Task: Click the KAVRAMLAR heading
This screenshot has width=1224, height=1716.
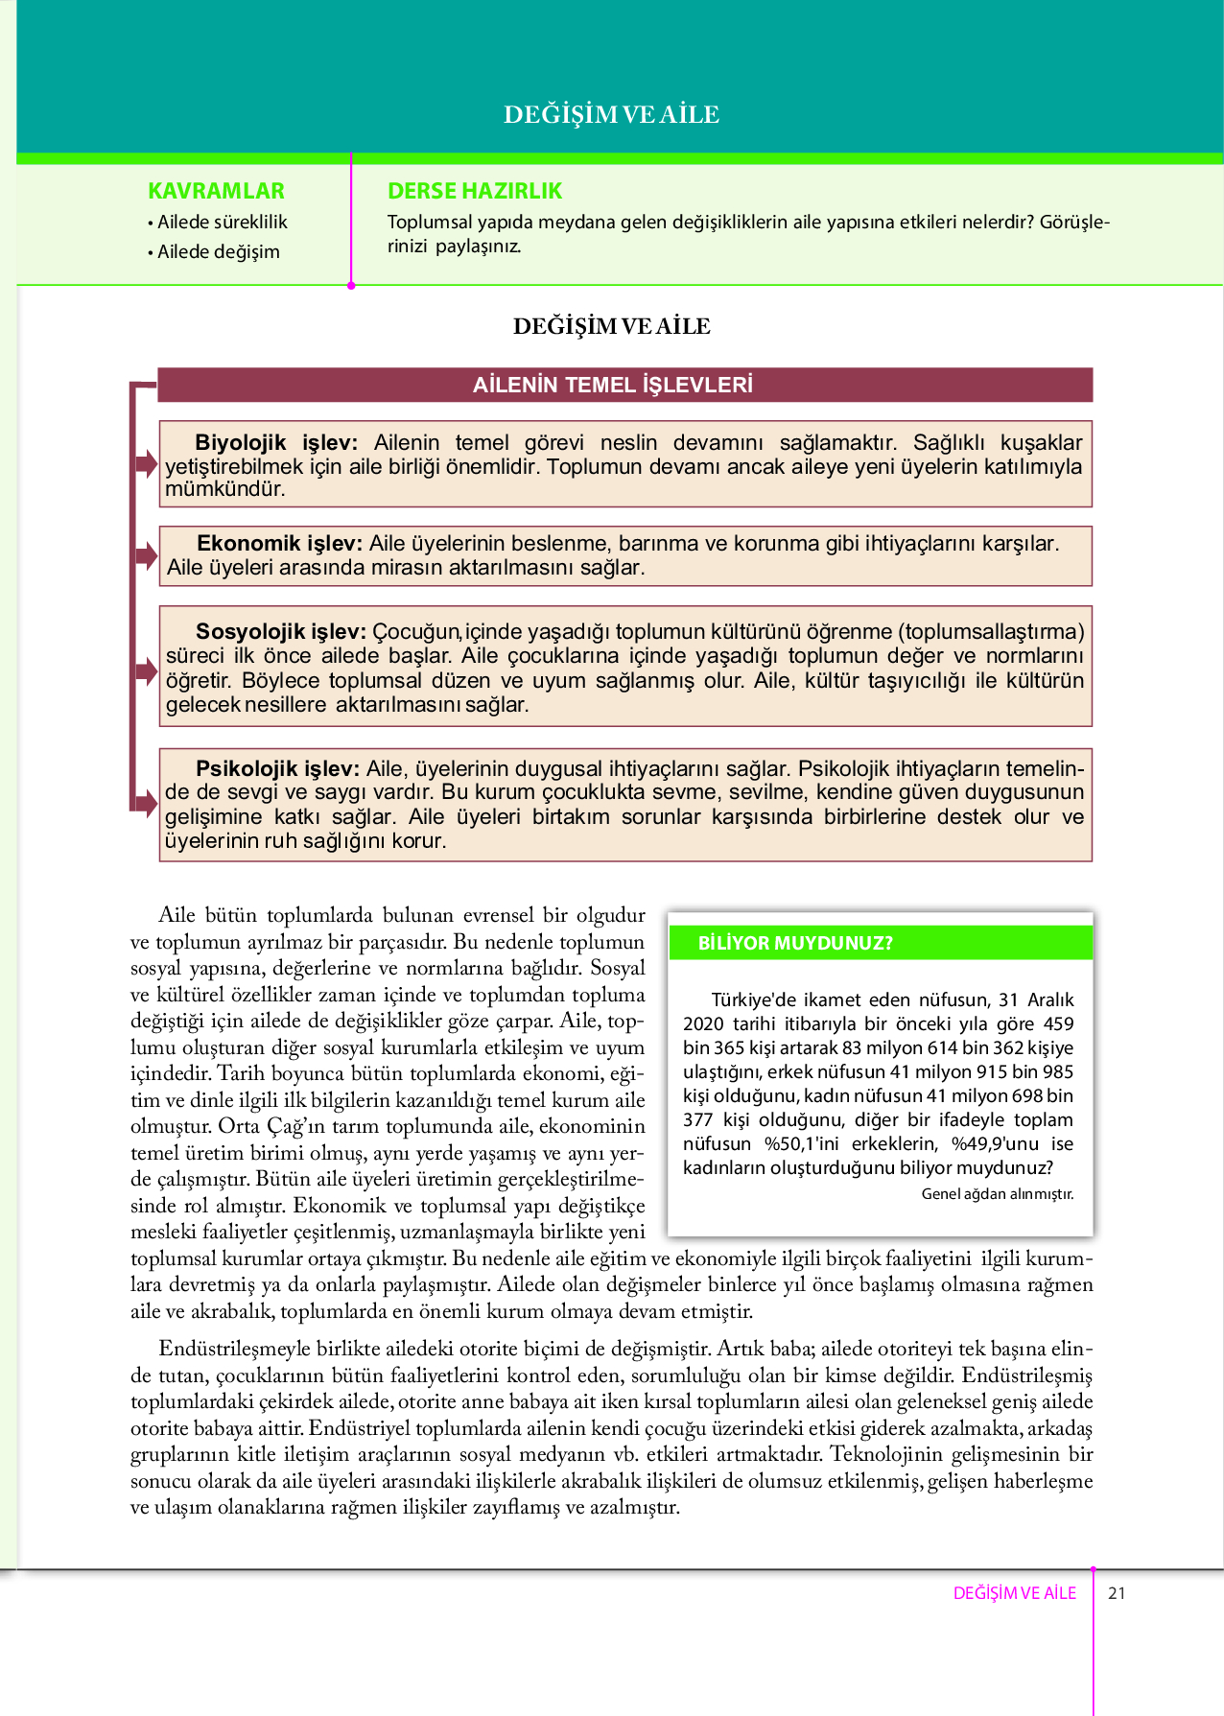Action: pyautogui.click(x=216, y=191)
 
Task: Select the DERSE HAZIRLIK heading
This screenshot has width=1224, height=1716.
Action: pyautogui.click(x=474, y=191)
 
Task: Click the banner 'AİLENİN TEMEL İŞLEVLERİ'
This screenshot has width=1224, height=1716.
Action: pyautogui.click(x=613, y=385)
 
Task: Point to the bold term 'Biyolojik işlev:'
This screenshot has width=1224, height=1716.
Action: pyautogui.click(x=275, y=442)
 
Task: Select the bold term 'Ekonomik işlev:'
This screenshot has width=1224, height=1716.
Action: pyautogui.click(x=279, y=544)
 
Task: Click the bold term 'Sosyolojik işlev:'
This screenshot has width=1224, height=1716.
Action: pyautogui.click(x=280, y=631)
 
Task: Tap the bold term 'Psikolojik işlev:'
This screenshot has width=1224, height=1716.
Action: pyautogui.click(x=277, y=768)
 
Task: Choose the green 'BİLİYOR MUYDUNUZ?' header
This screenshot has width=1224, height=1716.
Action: pyautogui.click(x=795, y=943)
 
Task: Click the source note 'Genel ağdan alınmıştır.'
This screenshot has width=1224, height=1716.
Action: pyautogui.click(x=997, y=1194)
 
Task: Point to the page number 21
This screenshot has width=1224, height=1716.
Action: pyautogui.click(x=1117, y=1593)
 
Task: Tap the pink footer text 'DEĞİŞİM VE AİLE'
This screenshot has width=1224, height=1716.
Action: pyautogui.click(x=1014, y=1593)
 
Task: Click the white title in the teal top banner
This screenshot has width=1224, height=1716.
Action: pyautogui.click(x=611, y=115)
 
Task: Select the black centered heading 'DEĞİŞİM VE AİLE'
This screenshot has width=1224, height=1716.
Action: pyautogui.click(x=611, y=326)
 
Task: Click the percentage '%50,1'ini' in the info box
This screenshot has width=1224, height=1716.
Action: pyautogui.click(x=801, y=1143)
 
